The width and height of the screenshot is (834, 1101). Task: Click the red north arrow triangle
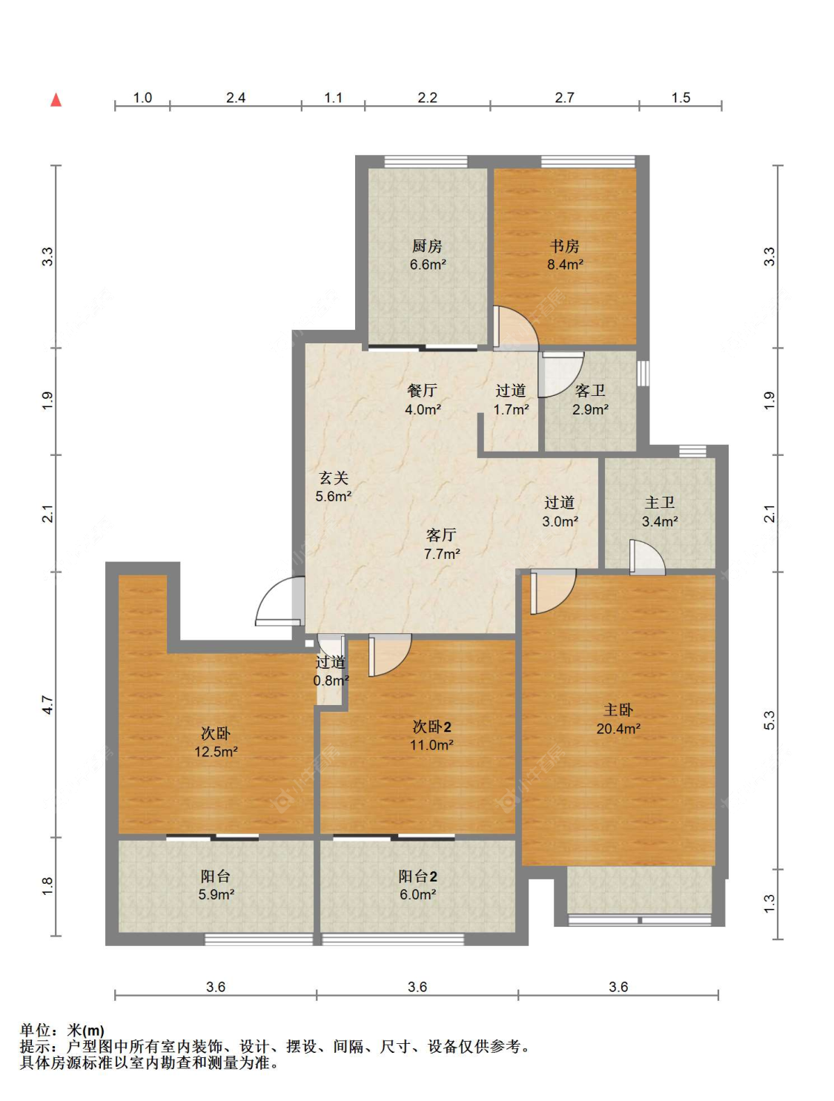point(56,100)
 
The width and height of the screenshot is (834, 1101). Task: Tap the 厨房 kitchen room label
point(427,246)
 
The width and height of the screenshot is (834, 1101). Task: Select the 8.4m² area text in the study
point(565,265)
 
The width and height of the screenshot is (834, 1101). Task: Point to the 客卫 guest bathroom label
point(590,390)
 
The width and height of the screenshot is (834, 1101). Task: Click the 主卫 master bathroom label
point(660,502)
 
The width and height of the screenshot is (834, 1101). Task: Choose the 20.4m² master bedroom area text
point(618,728)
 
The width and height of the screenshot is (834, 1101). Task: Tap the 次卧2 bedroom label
point(431,726)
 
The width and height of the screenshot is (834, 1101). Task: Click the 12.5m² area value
point(216,751)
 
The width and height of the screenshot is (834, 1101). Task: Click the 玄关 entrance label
point(333,477)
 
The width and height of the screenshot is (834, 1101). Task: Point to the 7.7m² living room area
point(441,554)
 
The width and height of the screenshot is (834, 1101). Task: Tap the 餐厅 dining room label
point(422,390)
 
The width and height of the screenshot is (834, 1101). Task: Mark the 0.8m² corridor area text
point(331,681)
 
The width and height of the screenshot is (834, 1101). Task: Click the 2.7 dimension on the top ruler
point(564,97)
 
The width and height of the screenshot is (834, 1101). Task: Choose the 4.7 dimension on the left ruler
point(47,704)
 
